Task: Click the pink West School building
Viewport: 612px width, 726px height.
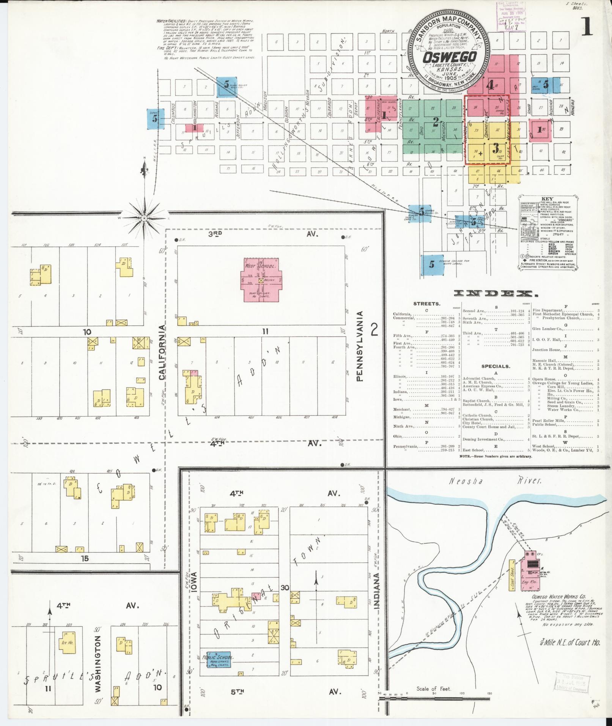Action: tap(261, 280)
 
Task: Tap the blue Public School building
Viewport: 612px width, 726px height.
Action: tap(218, 660)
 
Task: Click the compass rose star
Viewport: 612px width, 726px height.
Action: tap(144, 219)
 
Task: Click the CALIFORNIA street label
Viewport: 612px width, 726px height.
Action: tap(162, 352)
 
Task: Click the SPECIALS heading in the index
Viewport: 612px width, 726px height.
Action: tap(496, 366)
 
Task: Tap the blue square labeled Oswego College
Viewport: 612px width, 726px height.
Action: tap(432, 265)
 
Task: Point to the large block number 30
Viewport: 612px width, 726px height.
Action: tap(285, 588)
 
